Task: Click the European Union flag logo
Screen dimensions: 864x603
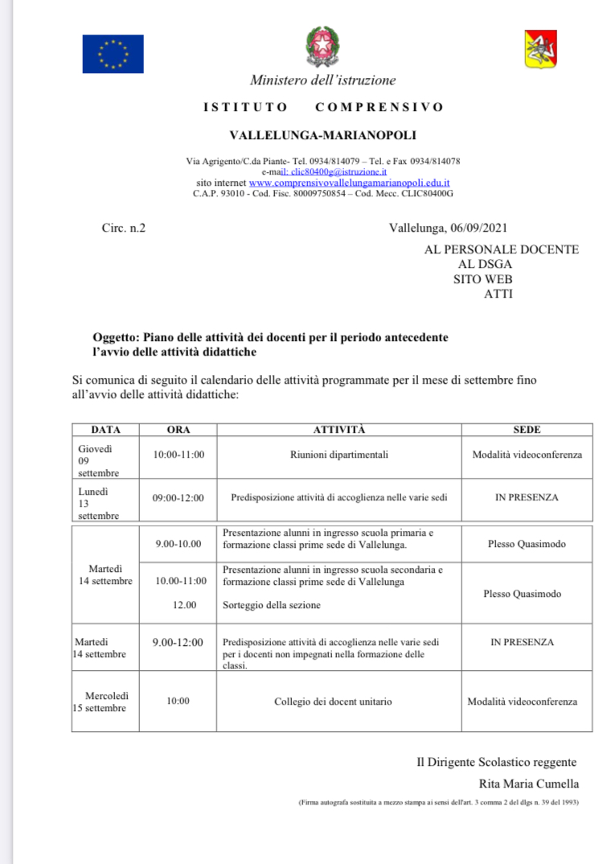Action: (113, 54)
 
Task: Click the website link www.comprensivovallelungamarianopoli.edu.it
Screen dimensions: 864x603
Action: (349, 183)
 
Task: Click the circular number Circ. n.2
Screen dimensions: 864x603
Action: (124, 228)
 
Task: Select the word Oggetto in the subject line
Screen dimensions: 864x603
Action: (116, 336)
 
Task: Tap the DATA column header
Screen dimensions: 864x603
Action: (105, 430)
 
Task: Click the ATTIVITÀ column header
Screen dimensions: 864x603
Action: (338, 430)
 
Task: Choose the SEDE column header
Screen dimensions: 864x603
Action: (527, 430)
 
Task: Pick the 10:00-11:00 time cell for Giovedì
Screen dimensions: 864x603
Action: (178, 455)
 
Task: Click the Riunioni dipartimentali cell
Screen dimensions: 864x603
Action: (338, 455)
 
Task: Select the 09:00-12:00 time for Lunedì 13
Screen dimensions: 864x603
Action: (178, 498)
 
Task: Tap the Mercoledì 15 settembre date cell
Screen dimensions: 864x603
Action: (105, 701)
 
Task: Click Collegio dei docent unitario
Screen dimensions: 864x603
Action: (333, 701)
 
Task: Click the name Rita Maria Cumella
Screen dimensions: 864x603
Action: (528, 784)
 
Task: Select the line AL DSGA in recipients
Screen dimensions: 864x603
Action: (485, 264)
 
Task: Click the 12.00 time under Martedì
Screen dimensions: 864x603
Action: (184, 605)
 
